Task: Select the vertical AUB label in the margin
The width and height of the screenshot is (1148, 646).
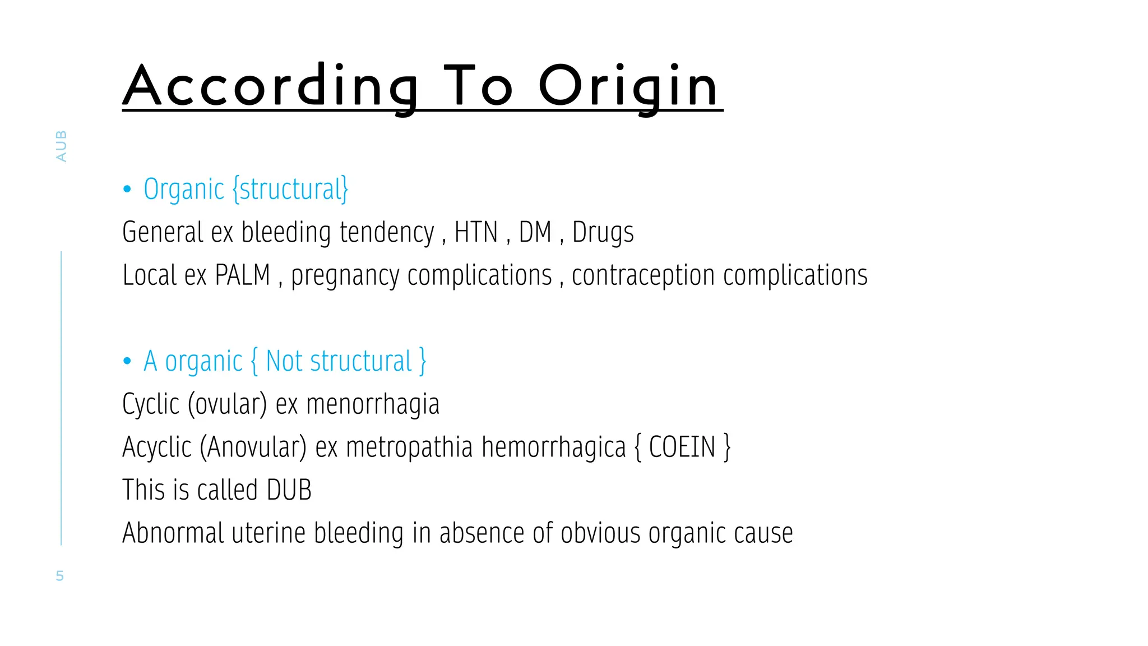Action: (61, 146)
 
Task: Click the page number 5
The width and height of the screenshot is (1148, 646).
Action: (60, 576)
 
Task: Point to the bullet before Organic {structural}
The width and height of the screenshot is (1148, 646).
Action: (127, 190)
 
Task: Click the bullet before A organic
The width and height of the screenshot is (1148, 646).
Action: (127, 361)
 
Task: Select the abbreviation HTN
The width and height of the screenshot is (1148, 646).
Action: (476, 232)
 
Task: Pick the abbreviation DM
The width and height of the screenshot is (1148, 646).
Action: (535, 232)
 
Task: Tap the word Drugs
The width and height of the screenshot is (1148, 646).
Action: (603, 232)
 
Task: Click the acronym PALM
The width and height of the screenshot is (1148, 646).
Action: (243, 275)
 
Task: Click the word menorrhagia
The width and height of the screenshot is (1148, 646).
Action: (373, 404)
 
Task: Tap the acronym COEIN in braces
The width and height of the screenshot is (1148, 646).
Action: (682, 447)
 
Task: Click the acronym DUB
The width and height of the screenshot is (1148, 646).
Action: (289, 490)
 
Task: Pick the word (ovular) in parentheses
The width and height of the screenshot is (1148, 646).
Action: (227, 404)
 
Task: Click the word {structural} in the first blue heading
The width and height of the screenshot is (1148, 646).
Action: (290, 190)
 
